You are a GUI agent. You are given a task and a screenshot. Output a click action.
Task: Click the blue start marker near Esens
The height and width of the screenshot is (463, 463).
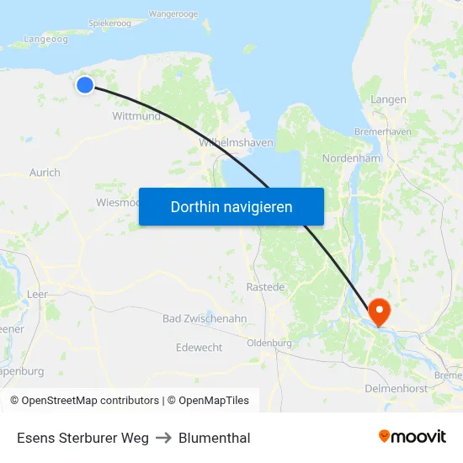(85, 84)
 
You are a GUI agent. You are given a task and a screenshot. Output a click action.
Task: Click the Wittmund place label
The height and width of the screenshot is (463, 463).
(136, 117)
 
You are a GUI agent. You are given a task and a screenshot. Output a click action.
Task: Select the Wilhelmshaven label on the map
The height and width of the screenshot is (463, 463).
(237, 143)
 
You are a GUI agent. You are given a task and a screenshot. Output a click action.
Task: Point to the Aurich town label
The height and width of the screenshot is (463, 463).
(45, 173)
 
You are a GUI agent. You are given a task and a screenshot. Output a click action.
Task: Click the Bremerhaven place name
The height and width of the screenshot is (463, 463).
(383, 132)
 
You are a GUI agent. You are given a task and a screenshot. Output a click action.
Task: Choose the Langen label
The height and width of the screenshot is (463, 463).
(388, 99)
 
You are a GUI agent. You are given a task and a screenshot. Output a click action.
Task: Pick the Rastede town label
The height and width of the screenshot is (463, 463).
(265, 287)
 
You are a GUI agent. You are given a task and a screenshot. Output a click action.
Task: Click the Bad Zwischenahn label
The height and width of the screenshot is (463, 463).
(205, 318)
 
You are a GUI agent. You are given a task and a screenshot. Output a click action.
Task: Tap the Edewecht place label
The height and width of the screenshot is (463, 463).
(200, 348)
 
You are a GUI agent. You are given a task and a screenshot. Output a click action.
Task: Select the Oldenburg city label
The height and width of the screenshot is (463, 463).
(269, 343)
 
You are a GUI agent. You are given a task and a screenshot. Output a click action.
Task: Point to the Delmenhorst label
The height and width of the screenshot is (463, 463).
(396, 388)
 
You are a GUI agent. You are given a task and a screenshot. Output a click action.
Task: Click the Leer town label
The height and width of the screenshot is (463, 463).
(38, 294)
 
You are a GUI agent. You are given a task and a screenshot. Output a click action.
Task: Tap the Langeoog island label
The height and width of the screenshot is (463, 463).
(45, 39)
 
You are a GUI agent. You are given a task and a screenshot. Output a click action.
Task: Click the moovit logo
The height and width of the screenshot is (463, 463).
(412, 437)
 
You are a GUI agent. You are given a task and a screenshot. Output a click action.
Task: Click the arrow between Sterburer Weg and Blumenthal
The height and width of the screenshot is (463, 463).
(163, 438)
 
